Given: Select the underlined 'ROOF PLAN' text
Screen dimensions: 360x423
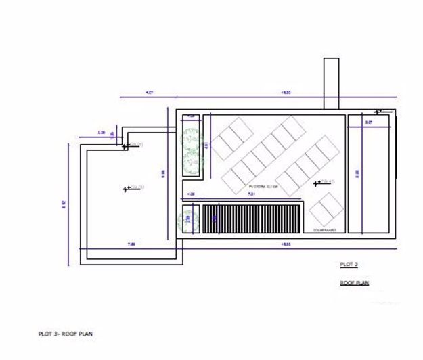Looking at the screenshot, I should click(x=354, y=282).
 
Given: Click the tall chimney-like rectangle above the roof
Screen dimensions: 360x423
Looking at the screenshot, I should click(x=331, y=83).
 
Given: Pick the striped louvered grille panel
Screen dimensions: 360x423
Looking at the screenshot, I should click(x=252, y=218).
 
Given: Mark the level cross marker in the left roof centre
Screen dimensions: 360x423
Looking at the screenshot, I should click(x=127, y=189).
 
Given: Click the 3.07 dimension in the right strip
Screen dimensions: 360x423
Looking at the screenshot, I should click(x=369, y=122).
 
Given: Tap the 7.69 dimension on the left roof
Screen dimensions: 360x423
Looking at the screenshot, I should click(x=128, y=244).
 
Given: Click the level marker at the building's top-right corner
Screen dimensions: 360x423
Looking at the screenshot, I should click(x=378, y=110).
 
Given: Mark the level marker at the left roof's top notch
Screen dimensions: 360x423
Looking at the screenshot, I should click(x=126, y=144).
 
